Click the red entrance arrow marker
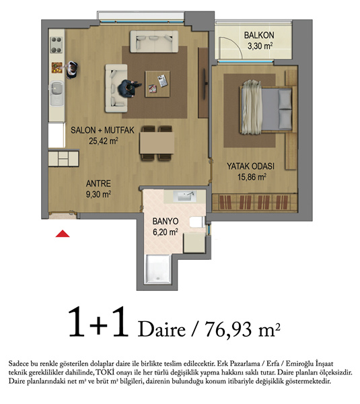(x=63, y=234)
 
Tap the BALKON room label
(x=259, y=35)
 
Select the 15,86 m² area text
(x=252, y=177)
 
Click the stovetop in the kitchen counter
(x=57, y=44)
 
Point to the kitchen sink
(x=57, y=94)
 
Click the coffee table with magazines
(x=157, y=84)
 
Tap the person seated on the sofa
(x=129, y=88)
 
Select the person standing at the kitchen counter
(x=72, y=70)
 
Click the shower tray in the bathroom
(x=158, y=269)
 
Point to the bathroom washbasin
(x=184, y=196)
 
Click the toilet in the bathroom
(x=197, y=222)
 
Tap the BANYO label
(x=166, y=222)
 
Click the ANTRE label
(x=98, y=183)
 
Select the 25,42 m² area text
(x=104, y=141)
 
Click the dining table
(x=157, y=143)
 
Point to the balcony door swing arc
(x=236, y=43)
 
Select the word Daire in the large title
(x=161, y=329)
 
